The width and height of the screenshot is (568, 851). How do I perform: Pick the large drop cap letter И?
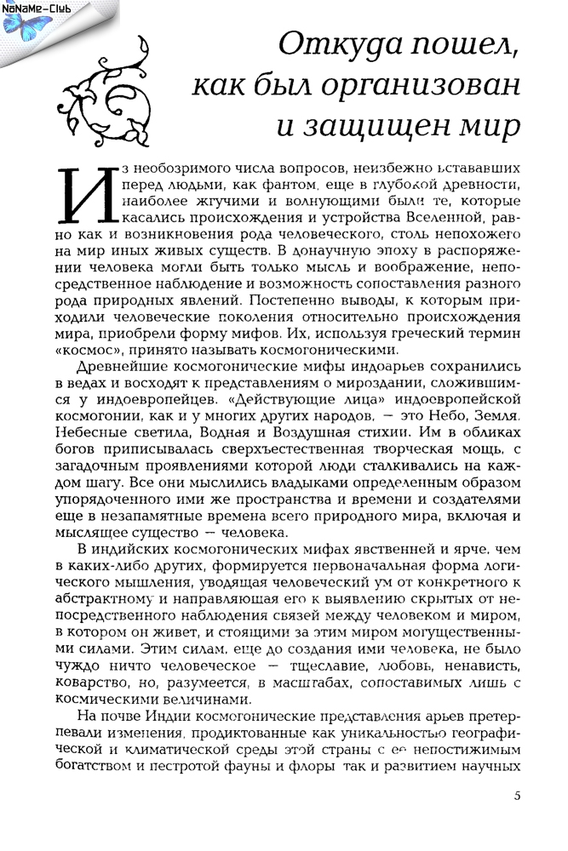[x=88, y=192]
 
